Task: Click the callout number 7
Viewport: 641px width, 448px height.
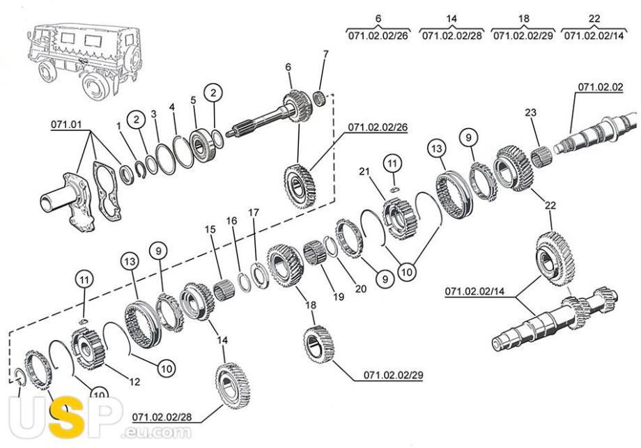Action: pos(325,54)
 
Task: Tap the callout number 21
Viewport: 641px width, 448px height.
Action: pos(364,172)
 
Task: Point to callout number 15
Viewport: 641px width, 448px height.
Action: pos(210,229)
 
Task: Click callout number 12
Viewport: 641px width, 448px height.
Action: pos(134,381)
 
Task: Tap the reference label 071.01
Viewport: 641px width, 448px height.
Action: pos(66,125)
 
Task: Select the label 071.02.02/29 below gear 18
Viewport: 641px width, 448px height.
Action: pos(393,376)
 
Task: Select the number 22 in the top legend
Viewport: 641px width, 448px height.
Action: pos(594,18)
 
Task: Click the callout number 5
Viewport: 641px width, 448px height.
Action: pos(194,100)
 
